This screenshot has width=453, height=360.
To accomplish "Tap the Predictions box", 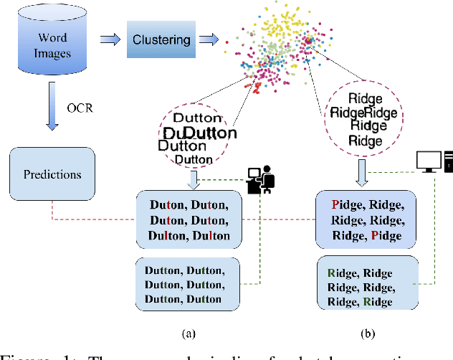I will click(52, 174).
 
